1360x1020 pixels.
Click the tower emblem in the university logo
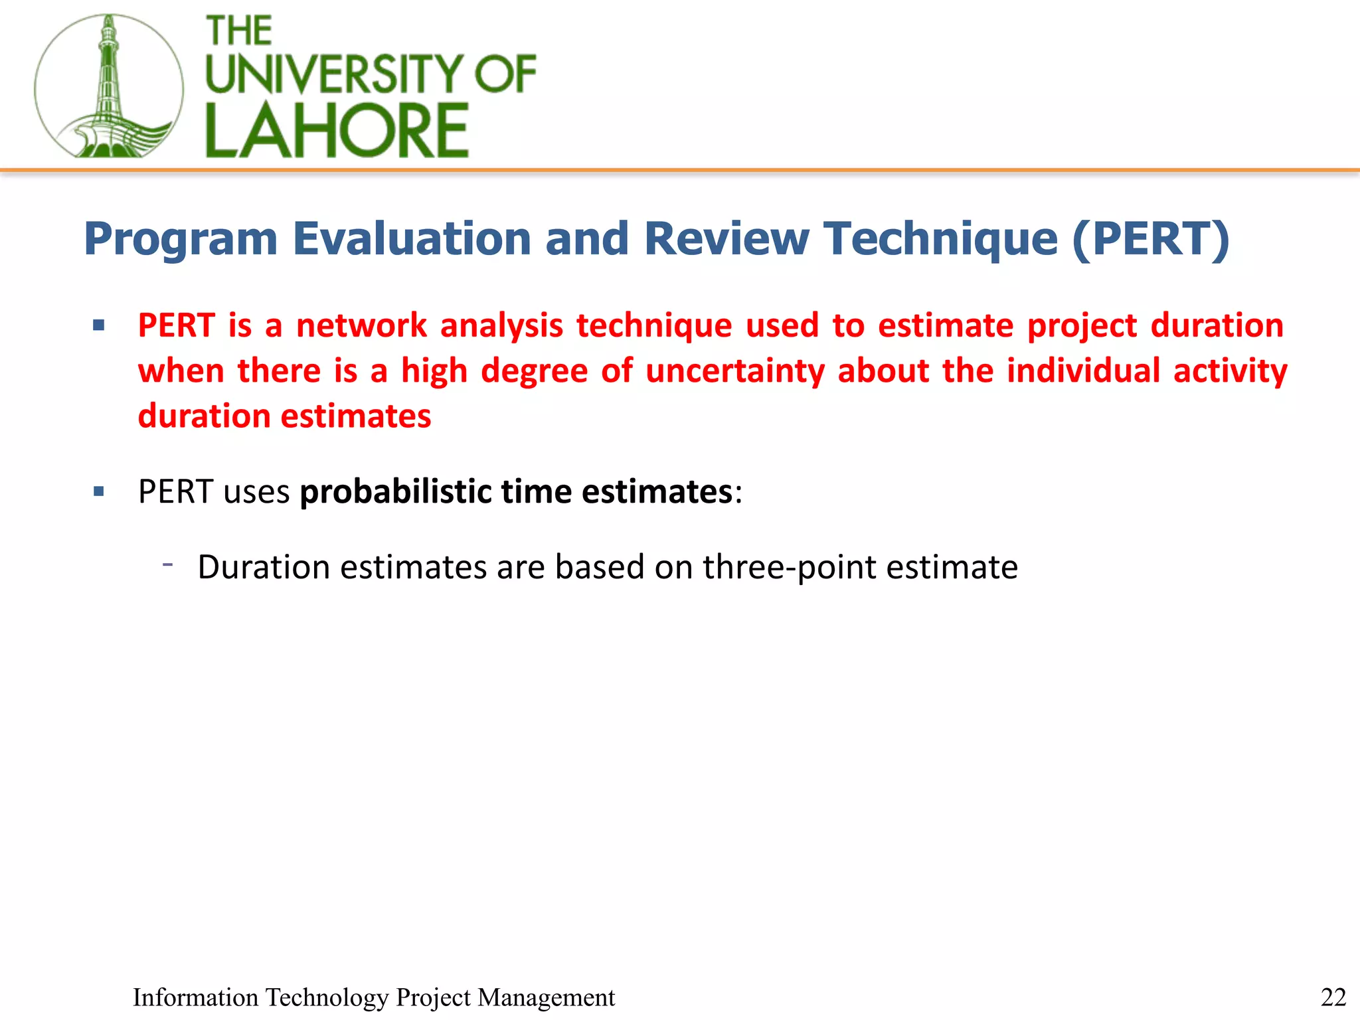pyautogui.click(x=108, y=86)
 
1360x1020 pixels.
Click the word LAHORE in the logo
pyautogui.click(x=337, y=131)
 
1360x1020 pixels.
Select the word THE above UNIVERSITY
pyautogui.click(x=239, y=31)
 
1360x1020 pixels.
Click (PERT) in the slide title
pyautogui.click(x=1150, y=238)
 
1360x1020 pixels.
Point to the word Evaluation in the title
pyautogui.click(x=412, y=238)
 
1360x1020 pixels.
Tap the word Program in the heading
pyautogui.click(x=181, y=238)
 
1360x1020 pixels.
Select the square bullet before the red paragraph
pyautogui.click(x=99, y=325)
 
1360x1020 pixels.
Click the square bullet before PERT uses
pyautogui.click(x=99, y=492)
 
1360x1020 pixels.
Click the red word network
pyautogui.click(x=361, y=325)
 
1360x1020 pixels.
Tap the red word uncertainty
pyautogui.click(x=734, y=371)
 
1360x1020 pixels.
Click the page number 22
pyautogui.click(x=1333, y=997)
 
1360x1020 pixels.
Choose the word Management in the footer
pyautogui.click(x=546, y=997)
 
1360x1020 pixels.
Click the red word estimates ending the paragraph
pyautogui.click(x=356, y=416)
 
